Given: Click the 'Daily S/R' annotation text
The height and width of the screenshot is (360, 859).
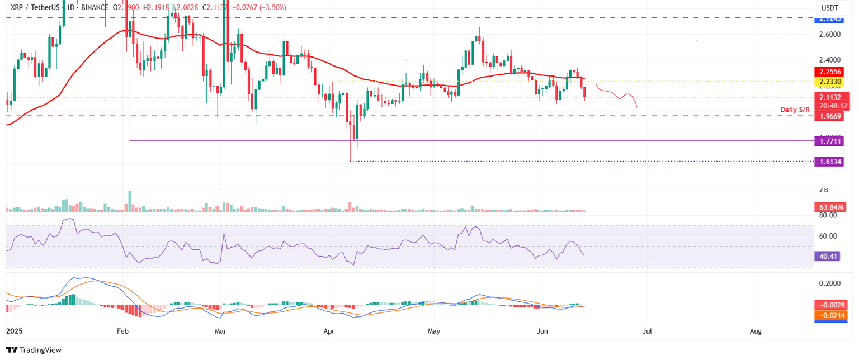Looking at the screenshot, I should pos(796,109).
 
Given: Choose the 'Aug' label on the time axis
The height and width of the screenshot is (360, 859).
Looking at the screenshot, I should pos(756,331).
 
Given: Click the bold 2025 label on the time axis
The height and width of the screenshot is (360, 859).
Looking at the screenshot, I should pos(14,331).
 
